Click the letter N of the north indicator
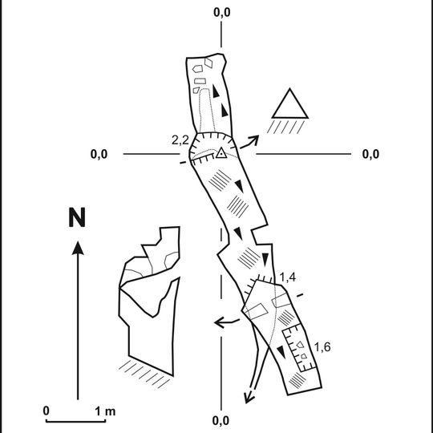(x=77, y=217)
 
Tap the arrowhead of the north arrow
(x=78, y=248)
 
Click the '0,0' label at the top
(x=222, y=12)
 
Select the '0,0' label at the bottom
(x=221, y=421)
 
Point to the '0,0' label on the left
(x=99, y=154)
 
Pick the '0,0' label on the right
(x=370, y=154)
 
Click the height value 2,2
(x=180, y=140)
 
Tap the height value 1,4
(x=288, y=277)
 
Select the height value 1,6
(x=322, y=347)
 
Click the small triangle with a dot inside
(x=221, y=153)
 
